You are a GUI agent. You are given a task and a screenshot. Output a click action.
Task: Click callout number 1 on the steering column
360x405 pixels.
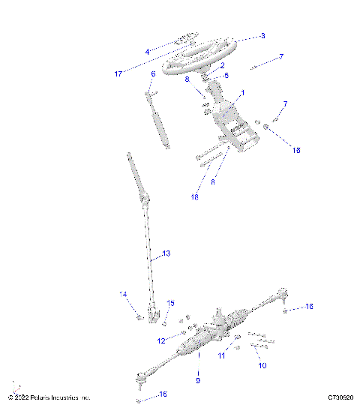coord(242,94)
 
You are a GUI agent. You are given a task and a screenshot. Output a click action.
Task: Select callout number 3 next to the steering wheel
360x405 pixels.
coord(262,35)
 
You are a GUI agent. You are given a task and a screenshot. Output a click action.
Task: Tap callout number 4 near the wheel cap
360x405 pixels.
coord(147,50)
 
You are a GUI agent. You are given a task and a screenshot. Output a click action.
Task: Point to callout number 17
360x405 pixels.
coord(118,73)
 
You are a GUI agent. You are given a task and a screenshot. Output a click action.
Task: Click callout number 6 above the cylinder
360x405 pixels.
coord(153,73)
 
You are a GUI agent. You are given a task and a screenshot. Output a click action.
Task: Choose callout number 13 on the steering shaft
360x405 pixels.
coord(166,253)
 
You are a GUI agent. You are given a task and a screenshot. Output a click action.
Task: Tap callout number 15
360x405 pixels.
coord(170,303)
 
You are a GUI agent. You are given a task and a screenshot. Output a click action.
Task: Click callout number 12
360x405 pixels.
coord(160,341)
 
